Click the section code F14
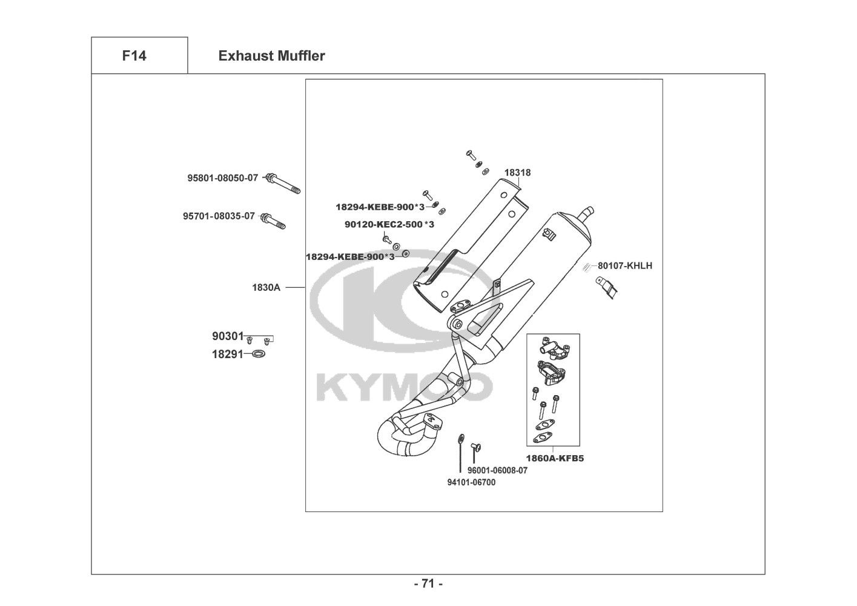tap(134, 56)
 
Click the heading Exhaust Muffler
tap(271, 56)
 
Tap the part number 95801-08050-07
tap(222, 178)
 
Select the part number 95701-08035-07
tap(219, 216)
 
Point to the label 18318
tap(517, 173)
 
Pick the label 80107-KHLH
tap(625, 265)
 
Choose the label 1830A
tap(266, 287)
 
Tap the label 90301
tap(227, 336)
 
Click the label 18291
tap(227, 355)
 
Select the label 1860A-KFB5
tap(554, 459)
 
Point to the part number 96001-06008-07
tap(497, 470)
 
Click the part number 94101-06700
tap(471, 482)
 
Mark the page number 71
tap(428, 584)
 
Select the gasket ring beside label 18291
tap(257, 354)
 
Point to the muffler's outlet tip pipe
tap(586, 213)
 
